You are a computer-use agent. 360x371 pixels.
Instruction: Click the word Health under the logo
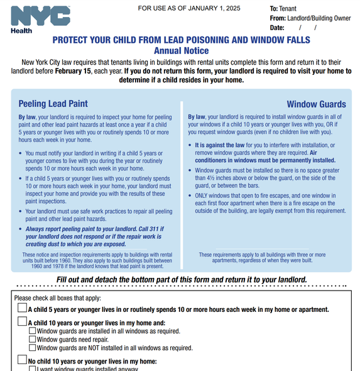[21, 30]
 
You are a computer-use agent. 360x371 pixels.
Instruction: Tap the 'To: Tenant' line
[283, 9]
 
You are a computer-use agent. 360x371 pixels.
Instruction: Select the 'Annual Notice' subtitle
[181, 50]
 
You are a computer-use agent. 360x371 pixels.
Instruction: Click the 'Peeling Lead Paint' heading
[53, 104]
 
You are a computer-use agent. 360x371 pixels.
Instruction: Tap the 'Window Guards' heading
[316, 104]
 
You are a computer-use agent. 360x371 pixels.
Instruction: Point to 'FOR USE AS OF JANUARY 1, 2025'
[188, 8]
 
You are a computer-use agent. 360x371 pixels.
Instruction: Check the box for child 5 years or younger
[22, 309]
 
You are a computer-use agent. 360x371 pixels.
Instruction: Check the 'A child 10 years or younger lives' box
[22, 323]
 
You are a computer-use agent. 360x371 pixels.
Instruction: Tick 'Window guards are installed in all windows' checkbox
[33, 331]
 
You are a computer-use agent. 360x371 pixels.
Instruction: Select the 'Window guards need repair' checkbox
[33, 339]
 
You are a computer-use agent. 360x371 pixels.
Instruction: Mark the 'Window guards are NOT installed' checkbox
[33, 347]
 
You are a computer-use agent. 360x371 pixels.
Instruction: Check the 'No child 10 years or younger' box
[22, 361]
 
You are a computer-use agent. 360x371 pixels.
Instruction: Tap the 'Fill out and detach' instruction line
[182, 279]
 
